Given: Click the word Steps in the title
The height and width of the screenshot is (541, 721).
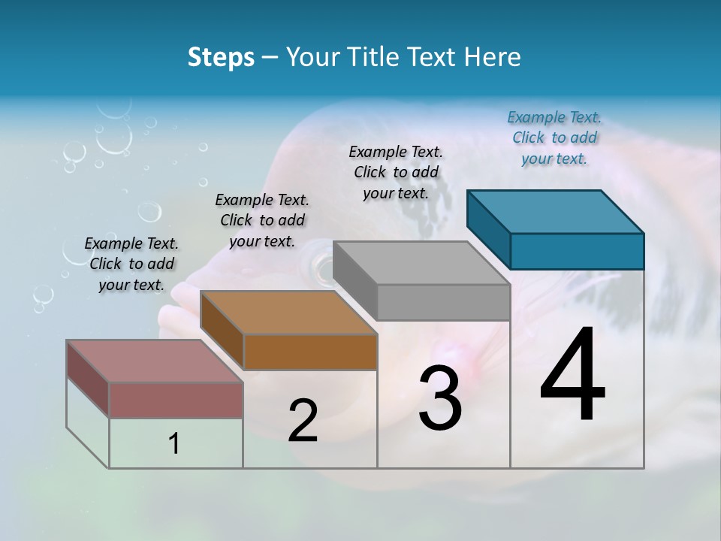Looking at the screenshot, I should pyautogui.click(x=220, y=57).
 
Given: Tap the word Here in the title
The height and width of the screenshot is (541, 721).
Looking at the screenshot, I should pyautogui.click(x=493, y=57).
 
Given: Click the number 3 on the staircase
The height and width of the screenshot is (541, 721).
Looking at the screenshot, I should pyautogui.click(x=440, y=398).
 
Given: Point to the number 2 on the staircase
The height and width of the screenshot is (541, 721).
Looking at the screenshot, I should pyautogui.click(x=303, y=421).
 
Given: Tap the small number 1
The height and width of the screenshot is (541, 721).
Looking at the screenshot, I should pyautogui.click(x=174, y=444).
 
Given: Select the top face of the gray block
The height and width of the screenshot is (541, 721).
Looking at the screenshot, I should pyautogui.click(x=421, y=263).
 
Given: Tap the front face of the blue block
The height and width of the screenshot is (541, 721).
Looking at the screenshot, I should pyautogui.click(x=577, y=251).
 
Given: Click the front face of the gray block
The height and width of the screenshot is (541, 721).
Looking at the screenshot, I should pyautogui.click(x=443, y=303).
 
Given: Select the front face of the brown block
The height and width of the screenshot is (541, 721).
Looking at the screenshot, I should pyautogui.click(x=310, y=352).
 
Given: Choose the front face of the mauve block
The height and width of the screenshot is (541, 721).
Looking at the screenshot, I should pyautogui.click(x=176, y=400).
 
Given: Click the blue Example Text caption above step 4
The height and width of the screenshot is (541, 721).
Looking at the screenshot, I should pyautogui.click(x=554, y=138).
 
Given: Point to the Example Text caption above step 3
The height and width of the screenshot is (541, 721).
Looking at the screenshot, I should pyautogui.click(x=396, y=172).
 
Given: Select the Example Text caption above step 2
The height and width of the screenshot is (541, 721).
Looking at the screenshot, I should pyautogui.click(x=262, y=220).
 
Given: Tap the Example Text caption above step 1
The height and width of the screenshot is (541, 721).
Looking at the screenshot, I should pyautogui.click(x=131, y=264).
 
